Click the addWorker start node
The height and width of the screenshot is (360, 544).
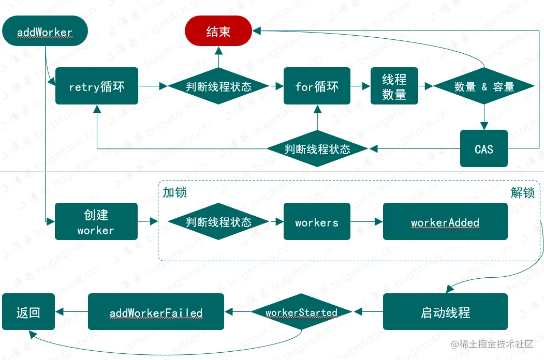[x=45, y=32]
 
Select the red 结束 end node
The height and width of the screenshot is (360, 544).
[x=218, y=32]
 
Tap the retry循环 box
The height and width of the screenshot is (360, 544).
[x=97, y=86]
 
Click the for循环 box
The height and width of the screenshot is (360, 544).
[x=317, y=86]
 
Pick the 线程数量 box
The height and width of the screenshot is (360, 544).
[x=394, y=86]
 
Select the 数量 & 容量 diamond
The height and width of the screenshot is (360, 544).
[x=484, y=86]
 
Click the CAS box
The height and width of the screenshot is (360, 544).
[x=484, y=149]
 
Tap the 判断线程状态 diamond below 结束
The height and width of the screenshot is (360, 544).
[x=218, y=86]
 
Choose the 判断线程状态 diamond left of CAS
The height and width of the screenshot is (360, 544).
[x=317, y=149]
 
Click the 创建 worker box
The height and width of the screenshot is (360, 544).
[x=96, y=221]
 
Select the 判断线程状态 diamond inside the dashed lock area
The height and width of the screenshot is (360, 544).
[x=218, y=222]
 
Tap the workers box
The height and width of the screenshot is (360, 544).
[x=317, y=222]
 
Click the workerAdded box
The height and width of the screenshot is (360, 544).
[x=445, y=222]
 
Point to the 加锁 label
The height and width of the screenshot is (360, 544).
[x=174, y=192]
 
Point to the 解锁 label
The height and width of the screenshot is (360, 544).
[x=523, y=192]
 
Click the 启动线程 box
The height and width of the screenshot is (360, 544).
[x=445, y=312]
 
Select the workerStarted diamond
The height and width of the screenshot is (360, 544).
[x=301, y=312]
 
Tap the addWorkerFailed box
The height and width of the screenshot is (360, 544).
[x=156, y=312]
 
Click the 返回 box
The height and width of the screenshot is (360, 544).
[x=28, y=312]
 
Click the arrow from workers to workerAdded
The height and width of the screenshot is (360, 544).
[x=366, y=222]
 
